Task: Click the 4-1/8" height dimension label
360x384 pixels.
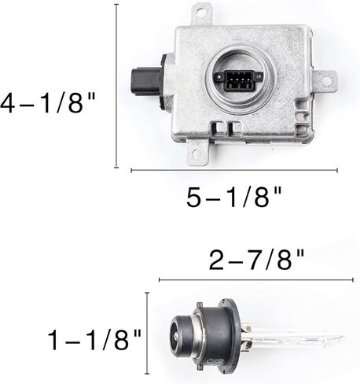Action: pyautogui.click(x=48, y=103)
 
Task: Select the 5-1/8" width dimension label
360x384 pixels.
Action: pyautogui.click(x=234, y=197)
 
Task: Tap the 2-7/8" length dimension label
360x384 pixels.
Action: pyautogui.click(x=257, y=260)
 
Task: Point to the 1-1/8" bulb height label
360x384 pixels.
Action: pyautogui.click(x=94, y=340)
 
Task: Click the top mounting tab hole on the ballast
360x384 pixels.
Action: pyautogui.click(x=200, y=13)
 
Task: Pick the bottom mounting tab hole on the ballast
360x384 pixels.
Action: pyautogui.click(x=196, y=154)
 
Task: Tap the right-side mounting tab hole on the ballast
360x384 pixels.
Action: pyautogui.click(x=327, y=81)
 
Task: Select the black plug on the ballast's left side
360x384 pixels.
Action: pyautogui.click(x=145, y=81)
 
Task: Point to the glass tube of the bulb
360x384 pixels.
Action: pyautogui.click(x=296, y=338)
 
